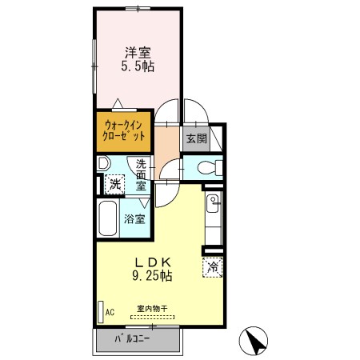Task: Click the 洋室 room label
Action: coord(137,53)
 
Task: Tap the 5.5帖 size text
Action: coord(137,67)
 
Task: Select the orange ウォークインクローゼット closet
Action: coord(124,130)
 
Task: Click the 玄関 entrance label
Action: coord(196,138)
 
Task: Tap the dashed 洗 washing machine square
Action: coord(116,183)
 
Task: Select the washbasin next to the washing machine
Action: coord(102,163)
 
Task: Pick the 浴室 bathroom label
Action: coord(134,218)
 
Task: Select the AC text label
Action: coord(111,311)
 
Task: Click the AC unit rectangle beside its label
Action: coord(100,311)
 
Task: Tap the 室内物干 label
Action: coord(150,309)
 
